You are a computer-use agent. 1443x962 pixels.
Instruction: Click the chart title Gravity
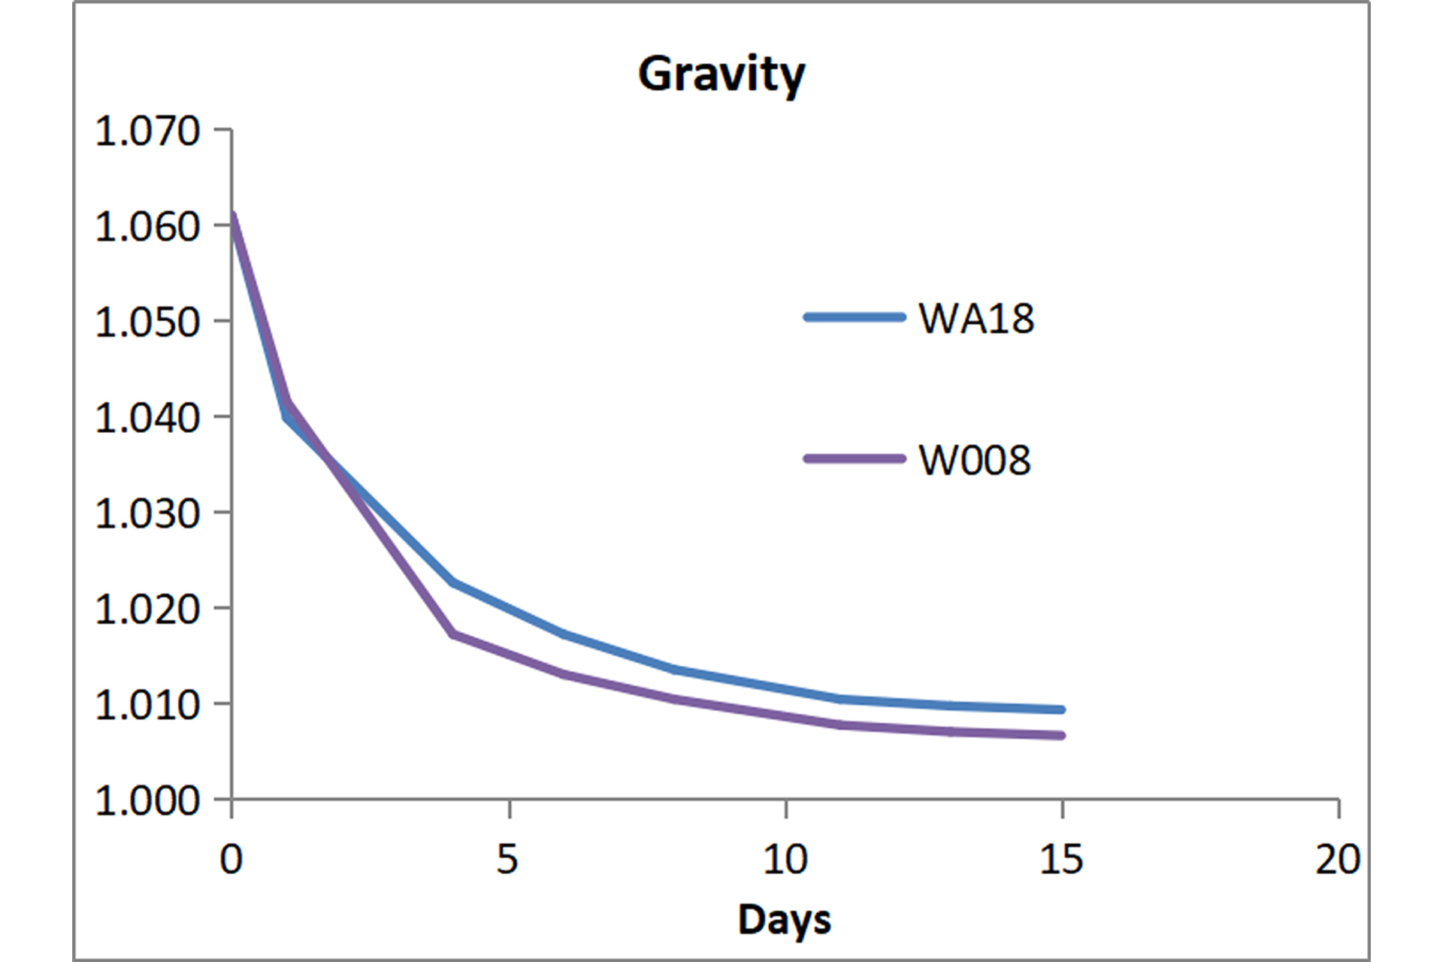[721, 75]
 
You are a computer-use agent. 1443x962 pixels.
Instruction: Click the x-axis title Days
[784, 919]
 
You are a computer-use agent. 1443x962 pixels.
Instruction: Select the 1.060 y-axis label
[147, 226]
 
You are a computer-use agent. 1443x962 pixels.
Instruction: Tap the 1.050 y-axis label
[147, 322]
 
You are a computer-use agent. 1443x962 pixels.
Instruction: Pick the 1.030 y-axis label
[147, 513]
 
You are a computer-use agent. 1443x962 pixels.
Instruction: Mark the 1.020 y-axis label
[147, 609]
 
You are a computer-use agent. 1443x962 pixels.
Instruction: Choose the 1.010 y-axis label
[147, 704]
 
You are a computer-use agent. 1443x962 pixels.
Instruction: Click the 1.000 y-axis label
[147, 800]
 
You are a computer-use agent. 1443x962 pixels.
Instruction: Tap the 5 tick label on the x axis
[508, 858]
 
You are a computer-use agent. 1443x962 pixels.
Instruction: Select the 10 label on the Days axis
[785, 858]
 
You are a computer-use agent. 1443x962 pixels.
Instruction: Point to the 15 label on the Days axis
[1061, 858]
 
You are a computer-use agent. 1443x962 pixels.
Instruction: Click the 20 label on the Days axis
[1338, 858]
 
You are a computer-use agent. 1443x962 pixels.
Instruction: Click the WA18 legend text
[976, 318]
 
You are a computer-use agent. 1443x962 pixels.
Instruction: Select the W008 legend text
[974, 459]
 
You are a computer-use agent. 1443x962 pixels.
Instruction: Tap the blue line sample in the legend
[855, 317]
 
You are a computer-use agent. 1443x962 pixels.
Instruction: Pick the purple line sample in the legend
[855, 458]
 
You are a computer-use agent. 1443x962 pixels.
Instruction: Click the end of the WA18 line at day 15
[1060, 709]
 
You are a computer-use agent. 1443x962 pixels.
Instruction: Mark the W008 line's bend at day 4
[452, 634]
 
